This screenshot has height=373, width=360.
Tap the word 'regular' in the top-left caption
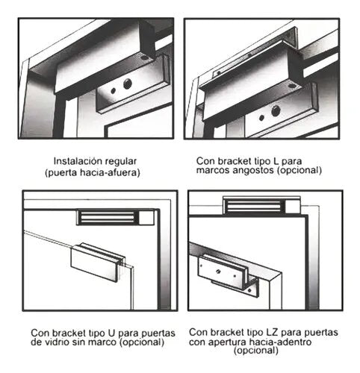point(120,162)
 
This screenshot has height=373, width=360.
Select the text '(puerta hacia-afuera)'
point(93,172)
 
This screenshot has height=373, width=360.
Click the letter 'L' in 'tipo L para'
point(276,161)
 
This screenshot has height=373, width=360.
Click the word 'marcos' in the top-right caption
point(213,170)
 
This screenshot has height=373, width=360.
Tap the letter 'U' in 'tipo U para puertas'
point(111,333)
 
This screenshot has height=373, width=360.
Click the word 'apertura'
point(229,342)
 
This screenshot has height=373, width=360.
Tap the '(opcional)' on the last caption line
point(256,351)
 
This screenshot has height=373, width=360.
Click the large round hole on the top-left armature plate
point(128,84)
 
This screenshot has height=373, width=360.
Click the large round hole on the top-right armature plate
point(276,110)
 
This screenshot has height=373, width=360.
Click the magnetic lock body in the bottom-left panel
point(116,218)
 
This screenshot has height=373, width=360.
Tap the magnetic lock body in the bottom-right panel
point(261,205)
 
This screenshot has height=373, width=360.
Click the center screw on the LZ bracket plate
point(218,271)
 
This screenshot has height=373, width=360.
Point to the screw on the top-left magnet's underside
point(144,58)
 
